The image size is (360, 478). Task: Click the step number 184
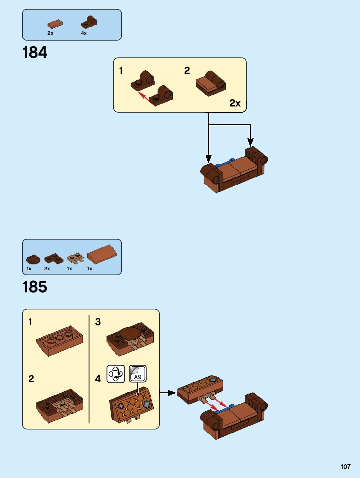(35, 52)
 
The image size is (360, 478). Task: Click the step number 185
(35, 287)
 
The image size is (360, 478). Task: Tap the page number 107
(345, 467)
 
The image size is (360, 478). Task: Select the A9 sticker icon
(138, 373)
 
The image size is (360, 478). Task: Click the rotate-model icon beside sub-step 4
(116, 373)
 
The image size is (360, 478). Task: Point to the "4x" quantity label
(84, 33)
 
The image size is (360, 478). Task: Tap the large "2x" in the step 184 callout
(235, 103)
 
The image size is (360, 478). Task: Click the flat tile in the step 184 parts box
(55, 24)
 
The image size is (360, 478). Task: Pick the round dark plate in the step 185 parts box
(33, 260)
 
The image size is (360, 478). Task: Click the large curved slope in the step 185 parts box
(102, 254)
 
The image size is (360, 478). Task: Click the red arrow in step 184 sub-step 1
(144, 96)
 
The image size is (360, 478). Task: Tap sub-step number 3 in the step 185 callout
(98, 322)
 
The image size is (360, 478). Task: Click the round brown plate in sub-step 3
(130, 334)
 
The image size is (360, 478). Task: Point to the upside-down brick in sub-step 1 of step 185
(60, 340)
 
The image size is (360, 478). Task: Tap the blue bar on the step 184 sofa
(225, 162)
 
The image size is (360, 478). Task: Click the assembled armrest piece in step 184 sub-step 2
(211, 84)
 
